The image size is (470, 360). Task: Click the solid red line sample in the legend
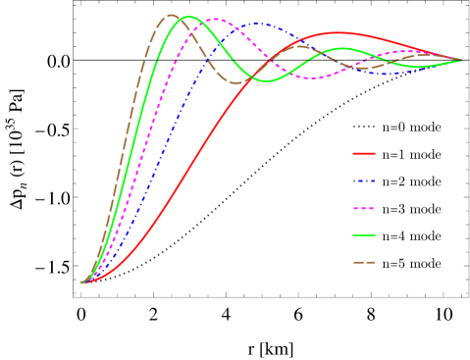364,153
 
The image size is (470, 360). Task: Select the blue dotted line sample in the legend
364,180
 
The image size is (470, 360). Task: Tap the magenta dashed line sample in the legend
364,208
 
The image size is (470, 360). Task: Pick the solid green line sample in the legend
364,234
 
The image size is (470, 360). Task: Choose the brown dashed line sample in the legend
364,262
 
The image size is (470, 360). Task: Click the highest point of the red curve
337,32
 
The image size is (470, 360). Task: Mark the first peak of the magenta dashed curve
217,19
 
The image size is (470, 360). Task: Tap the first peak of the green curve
187,17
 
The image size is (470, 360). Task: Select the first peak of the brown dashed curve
171,15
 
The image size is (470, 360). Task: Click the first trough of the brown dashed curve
236,83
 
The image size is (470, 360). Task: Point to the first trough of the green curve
267,81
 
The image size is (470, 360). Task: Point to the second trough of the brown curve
362,69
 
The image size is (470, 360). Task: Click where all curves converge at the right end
461,61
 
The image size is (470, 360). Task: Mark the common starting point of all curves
82,283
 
